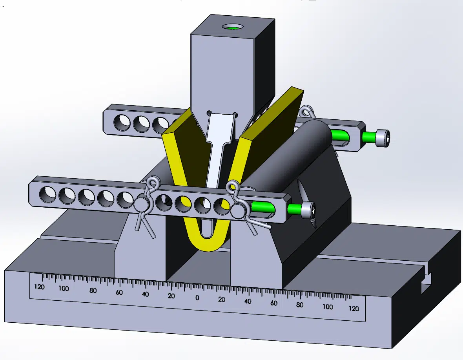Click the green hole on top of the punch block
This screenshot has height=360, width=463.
[x=233, y=27]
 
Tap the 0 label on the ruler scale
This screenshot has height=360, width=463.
[x=197, y=298]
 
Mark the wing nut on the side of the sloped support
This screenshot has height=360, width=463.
[x=306, y=204]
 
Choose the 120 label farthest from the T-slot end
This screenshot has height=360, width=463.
[x=40, y=287]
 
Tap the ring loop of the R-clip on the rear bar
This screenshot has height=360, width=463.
[x=307, y=111]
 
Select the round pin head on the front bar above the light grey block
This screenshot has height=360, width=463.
[x=140, y=204]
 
